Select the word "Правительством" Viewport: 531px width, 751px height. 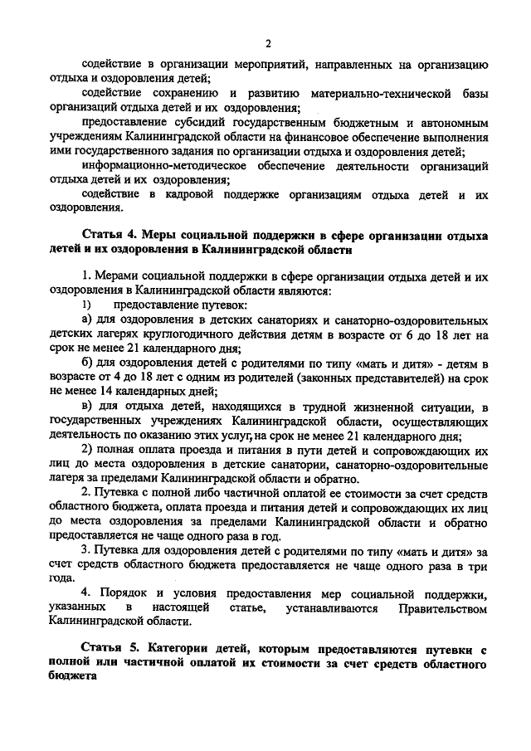coord(441,609)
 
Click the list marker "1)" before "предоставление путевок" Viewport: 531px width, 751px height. coord(85,305)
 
